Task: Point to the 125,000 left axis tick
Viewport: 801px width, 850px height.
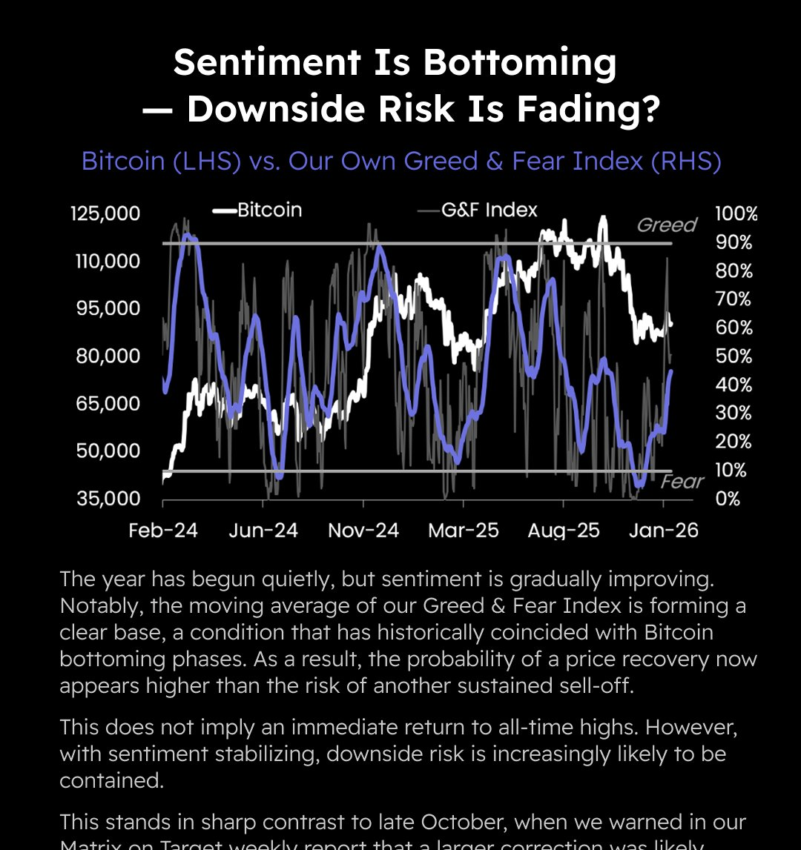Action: click(x=105, y=213)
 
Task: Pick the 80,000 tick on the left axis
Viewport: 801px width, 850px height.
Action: click(x=108, y=356)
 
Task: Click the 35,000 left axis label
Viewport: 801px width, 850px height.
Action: click(x=108, y=498)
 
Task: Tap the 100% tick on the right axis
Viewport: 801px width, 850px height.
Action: click(x=736, y=214)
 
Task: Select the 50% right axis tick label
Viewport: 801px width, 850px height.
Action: click(x=734, y=356)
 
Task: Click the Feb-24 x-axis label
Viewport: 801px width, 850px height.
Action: click(x=163, y=531)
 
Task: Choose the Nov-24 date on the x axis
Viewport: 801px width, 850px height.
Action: click(x=363, y=531)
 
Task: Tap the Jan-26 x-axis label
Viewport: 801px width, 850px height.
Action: click(x=663, y=531)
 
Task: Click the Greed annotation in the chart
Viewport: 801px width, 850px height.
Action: click(x=667, y=225)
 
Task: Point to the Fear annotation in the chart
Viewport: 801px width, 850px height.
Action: click(x=682, y=482)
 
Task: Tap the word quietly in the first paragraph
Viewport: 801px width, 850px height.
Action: click(x=307, y=578)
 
